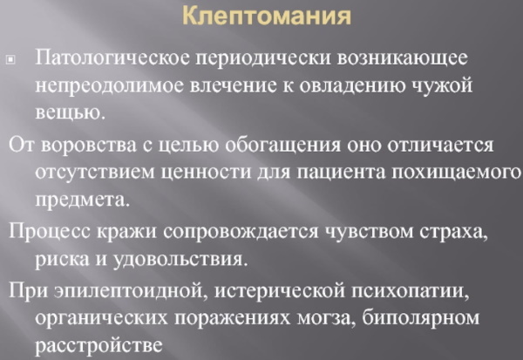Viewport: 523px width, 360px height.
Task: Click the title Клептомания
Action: point(267,16)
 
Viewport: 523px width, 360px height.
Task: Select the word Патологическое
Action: point(112,58)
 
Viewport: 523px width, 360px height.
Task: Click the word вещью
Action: point(70,112)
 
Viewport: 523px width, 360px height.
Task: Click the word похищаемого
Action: point(456,173)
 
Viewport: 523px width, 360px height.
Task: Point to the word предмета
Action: point(82,200)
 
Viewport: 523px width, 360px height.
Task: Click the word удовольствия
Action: point(180,260)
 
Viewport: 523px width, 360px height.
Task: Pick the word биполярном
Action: point(421,318)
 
